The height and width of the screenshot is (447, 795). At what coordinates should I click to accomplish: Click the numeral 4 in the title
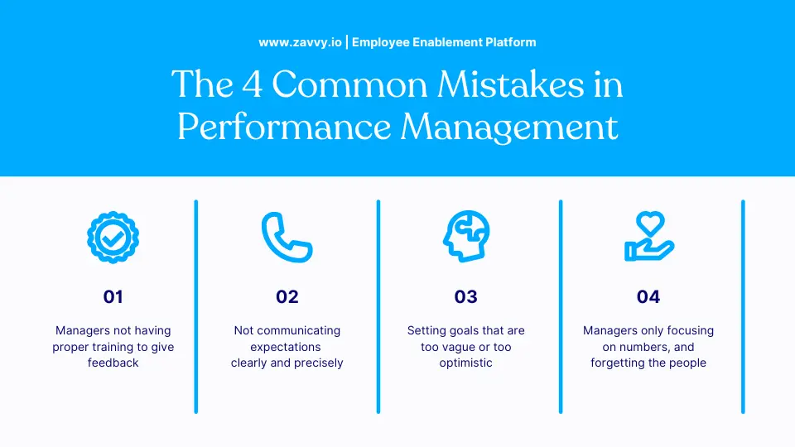pyautogui.click(x=250, y=86)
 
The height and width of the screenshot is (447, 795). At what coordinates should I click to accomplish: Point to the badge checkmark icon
pyautogui.click(x=113, y=237)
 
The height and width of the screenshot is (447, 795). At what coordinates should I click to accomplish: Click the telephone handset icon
pyautogui.click(x=286, y=237)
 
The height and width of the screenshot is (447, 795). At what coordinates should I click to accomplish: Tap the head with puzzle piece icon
pyautogui.click(x=465, y=237)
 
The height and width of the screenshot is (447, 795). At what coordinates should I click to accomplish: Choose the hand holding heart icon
pyautogui.click(x=648, y=237)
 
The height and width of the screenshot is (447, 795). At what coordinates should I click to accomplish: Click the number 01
pyautogui.click(x=113, y=296)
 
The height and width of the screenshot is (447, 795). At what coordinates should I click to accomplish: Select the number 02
pyautogui.click(x=287, y=296)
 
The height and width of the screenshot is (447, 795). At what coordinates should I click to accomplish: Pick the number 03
pyautogui.click(x=466, y=296)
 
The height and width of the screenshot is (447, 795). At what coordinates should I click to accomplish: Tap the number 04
pyautogui.click(x=648, y=296)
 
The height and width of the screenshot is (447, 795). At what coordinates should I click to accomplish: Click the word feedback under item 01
pyautogui.click(x=113, y=363)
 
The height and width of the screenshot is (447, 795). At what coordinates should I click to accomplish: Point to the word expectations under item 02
pyautogui.click(x=286, y=347)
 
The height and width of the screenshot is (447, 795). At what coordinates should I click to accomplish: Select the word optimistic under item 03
pyautogui.click(x=466, y=363)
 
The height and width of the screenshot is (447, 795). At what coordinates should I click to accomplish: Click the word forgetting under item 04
pyautogui.click(x=619, y=363)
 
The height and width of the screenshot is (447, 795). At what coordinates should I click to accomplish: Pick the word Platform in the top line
pyautogui.click(x=512, y=41)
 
